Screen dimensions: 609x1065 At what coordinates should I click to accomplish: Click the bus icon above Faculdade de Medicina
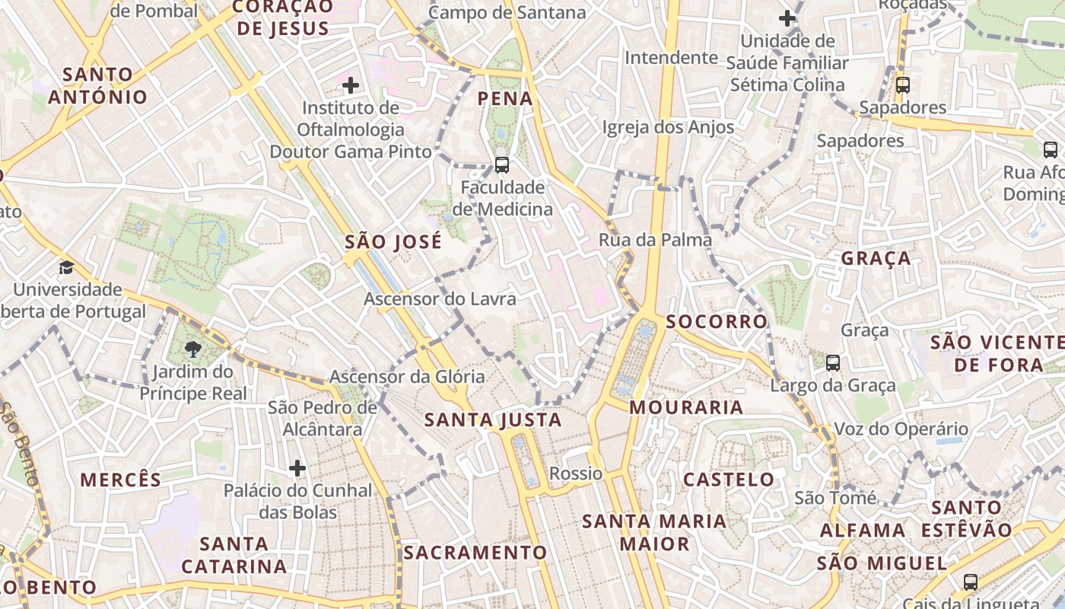point(501,164)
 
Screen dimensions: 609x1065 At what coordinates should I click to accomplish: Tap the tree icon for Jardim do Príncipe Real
point(193,349)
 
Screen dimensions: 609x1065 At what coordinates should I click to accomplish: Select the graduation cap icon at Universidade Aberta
point(67,267)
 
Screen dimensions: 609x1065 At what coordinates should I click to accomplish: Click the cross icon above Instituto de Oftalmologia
point(350,85)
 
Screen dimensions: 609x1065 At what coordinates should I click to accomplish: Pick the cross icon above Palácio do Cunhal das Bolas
point(297,467)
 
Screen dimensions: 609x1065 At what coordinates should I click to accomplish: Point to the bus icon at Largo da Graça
point(833,363)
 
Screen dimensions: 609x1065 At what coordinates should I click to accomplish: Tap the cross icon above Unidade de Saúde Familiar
point(787,18)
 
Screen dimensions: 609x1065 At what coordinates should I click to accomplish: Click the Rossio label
point(576,473)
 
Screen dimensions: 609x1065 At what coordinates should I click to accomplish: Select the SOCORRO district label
point(717,321)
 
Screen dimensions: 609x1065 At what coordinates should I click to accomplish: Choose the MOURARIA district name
point(686,407)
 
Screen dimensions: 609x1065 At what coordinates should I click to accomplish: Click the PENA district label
point(505,98)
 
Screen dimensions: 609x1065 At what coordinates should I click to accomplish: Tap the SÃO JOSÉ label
point(393,242)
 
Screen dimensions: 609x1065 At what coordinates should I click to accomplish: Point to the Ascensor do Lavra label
point(440,298)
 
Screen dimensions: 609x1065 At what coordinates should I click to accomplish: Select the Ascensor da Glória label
point(406,376)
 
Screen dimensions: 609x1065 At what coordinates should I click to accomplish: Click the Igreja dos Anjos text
point(668,127)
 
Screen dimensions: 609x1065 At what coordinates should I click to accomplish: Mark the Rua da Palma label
point(655,240)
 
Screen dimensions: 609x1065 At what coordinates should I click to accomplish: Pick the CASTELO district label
point(729,480)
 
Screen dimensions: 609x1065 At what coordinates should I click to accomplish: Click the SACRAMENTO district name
point(475,553)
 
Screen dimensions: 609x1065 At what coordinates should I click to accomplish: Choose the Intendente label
point(671,57)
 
